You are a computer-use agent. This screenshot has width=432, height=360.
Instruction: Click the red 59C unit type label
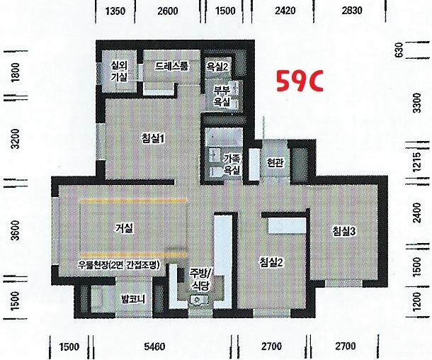pos(300,81)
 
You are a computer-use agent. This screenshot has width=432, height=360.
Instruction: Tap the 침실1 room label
pos(153,138)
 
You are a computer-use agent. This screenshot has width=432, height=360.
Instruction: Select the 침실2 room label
pos(271,262)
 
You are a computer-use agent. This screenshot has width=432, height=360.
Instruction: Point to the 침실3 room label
pos(344,231)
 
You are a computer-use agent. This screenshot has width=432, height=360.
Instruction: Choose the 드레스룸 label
pos(171,66)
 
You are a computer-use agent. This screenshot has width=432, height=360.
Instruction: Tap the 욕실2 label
pos(217,67)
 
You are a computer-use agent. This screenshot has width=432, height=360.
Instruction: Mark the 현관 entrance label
pos(275,162)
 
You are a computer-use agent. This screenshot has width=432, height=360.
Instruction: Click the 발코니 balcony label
pos(133,299)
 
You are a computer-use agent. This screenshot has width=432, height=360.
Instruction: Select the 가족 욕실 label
pos(232,164)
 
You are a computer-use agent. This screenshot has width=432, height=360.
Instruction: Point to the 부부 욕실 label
pos(222,96)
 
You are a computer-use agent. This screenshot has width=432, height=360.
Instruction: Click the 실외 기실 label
pos(119,71)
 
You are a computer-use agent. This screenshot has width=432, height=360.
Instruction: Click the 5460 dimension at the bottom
pos(154,347)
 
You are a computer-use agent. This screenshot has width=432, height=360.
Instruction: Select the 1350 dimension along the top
pos(115,11)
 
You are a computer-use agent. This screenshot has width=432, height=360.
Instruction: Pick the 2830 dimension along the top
pos(352,11)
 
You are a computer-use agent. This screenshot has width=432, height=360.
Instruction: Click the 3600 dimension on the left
pos(16,230)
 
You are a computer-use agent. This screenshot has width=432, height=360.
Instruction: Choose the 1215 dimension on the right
pos(417,162)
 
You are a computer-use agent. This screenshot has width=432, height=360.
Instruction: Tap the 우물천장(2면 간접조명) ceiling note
pos(119,265)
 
